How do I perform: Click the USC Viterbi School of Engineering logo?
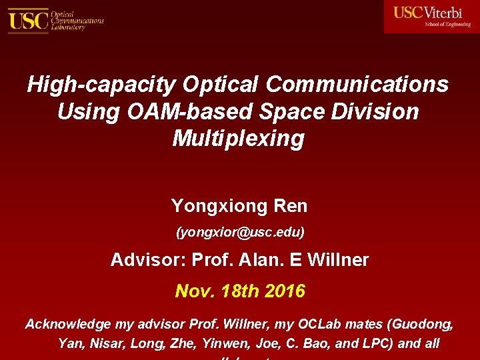pos(431,16)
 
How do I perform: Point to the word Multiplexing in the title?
pos(238,138)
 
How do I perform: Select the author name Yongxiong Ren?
pos(239,205)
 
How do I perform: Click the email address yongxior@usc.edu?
pos(239,233)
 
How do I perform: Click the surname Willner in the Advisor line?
pos(337,260)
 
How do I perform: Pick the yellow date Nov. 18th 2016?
pos(239,291)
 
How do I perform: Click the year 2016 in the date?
pos(285,291)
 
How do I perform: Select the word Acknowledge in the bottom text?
pos(69,325)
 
